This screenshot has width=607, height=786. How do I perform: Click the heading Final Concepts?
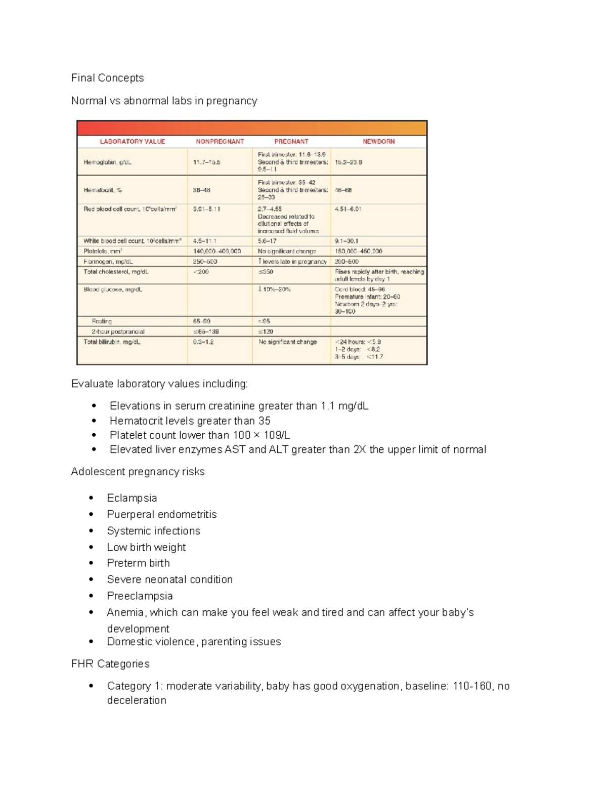(107, 78)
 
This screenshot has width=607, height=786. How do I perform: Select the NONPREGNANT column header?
(220, 142)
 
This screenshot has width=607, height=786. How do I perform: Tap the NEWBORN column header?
(378, 142)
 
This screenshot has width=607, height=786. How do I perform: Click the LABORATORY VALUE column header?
(132, 142)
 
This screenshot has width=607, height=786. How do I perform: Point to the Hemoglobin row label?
(107, 162)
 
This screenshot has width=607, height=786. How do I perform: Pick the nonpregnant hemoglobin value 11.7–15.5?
(206, 162)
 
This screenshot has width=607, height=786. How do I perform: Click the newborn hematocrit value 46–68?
(343, 190)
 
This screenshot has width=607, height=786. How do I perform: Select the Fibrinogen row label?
(108, 262)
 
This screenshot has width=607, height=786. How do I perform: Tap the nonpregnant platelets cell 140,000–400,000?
(217, 251)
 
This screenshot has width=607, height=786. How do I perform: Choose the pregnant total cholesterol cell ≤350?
(266, 272)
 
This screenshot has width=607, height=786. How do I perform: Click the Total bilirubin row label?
(112, 342)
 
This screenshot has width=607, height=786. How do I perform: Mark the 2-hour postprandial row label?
(118, 332)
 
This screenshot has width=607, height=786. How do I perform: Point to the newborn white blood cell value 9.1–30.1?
(346, 241)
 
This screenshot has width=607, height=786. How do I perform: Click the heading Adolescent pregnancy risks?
(138, 472)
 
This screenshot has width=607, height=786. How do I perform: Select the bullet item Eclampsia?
(132, 498)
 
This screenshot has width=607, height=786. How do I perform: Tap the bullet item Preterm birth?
(138, 563)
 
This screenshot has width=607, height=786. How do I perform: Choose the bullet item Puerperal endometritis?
(161, 514)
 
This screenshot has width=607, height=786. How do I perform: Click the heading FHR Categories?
(110, 664)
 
